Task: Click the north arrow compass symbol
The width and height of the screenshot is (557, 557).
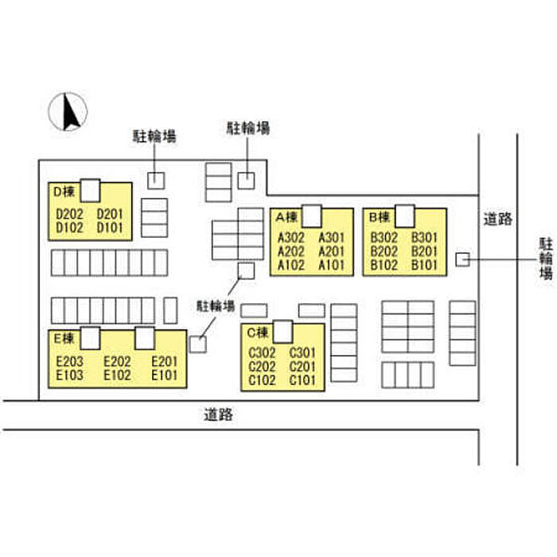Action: (x=68, y=111)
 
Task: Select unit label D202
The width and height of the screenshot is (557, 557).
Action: (x=70, y=214)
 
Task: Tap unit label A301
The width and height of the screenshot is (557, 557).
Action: (x=332, y=238)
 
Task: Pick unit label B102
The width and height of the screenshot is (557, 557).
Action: (x=384, y=265)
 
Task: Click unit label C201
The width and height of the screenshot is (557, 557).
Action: (x=302, y=366)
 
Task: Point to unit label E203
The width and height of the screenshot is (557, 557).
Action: (x=70, y=361)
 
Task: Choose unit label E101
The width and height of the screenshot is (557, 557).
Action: (x=164, y=375)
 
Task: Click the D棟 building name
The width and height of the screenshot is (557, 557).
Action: (x=64, y=192)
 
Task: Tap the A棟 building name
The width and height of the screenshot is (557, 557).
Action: (x=286, y=216)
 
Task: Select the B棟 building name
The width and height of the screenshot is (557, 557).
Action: (x=380, y=216)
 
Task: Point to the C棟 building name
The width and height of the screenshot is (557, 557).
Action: (x=258, y=333)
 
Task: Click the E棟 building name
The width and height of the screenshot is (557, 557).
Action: (x=64, y=338)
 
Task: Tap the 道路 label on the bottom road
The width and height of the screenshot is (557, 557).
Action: (x=219, y=415)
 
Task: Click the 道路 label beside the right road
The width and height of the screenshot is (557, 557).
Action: (x=498, y=219)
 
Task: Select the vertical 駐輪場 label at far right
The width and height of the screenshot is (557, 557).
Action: (x=547, y=259)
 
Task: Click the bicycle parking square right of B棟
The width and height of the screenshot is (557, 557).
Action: (x=462, y=259)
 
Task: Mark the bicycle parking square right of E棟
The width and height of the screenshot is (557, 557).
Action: (x=198, y=345)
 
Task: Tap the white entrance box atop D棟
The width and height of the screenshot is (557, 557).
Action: (x=90, y=191)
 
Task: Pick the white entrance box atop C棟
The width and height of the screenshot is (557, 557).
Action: (x=283, y=332)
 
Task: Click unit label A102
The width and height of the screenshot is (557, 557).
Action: (x=291, y=265)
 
